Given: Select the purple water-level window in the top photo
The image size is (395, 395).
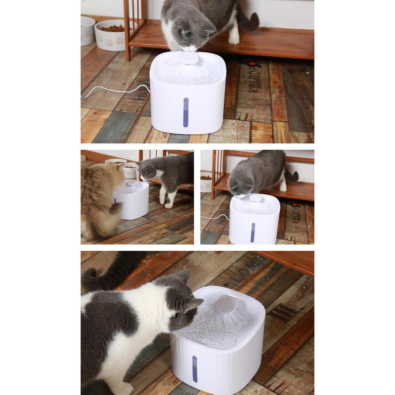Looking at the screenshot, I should tap(186, 112).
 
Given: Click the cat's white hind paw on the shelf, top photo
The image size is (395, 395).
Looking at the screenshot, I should tap(234, 40).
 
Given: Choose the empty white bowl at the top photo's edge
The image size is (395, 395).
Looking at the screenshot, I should tap(87, 31).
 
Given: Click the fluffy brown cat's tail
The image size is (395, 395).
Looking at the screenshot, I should tap(115, 208).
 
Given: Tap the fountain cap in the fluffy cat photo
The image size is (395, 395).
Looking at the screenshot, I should tap(132, 183).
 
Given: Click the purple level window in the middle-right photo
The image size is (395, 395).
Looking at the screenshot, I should tap(253, 232).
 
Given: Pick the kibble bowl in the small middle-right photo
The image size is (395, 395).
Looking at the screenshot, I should tap(206, 183).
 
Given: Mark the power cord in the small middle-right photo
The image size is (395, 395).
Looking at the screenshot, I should tap(214, 217).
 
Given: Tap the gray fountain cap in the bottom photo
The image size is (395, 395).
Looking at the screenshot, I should tap(226, 303).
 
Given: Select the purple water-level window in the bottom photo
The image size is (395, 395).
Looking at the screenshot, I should tap(195, 369).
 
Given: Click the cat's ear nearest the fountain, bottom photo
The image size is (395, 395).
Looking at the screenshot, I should tap(193, 304).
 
